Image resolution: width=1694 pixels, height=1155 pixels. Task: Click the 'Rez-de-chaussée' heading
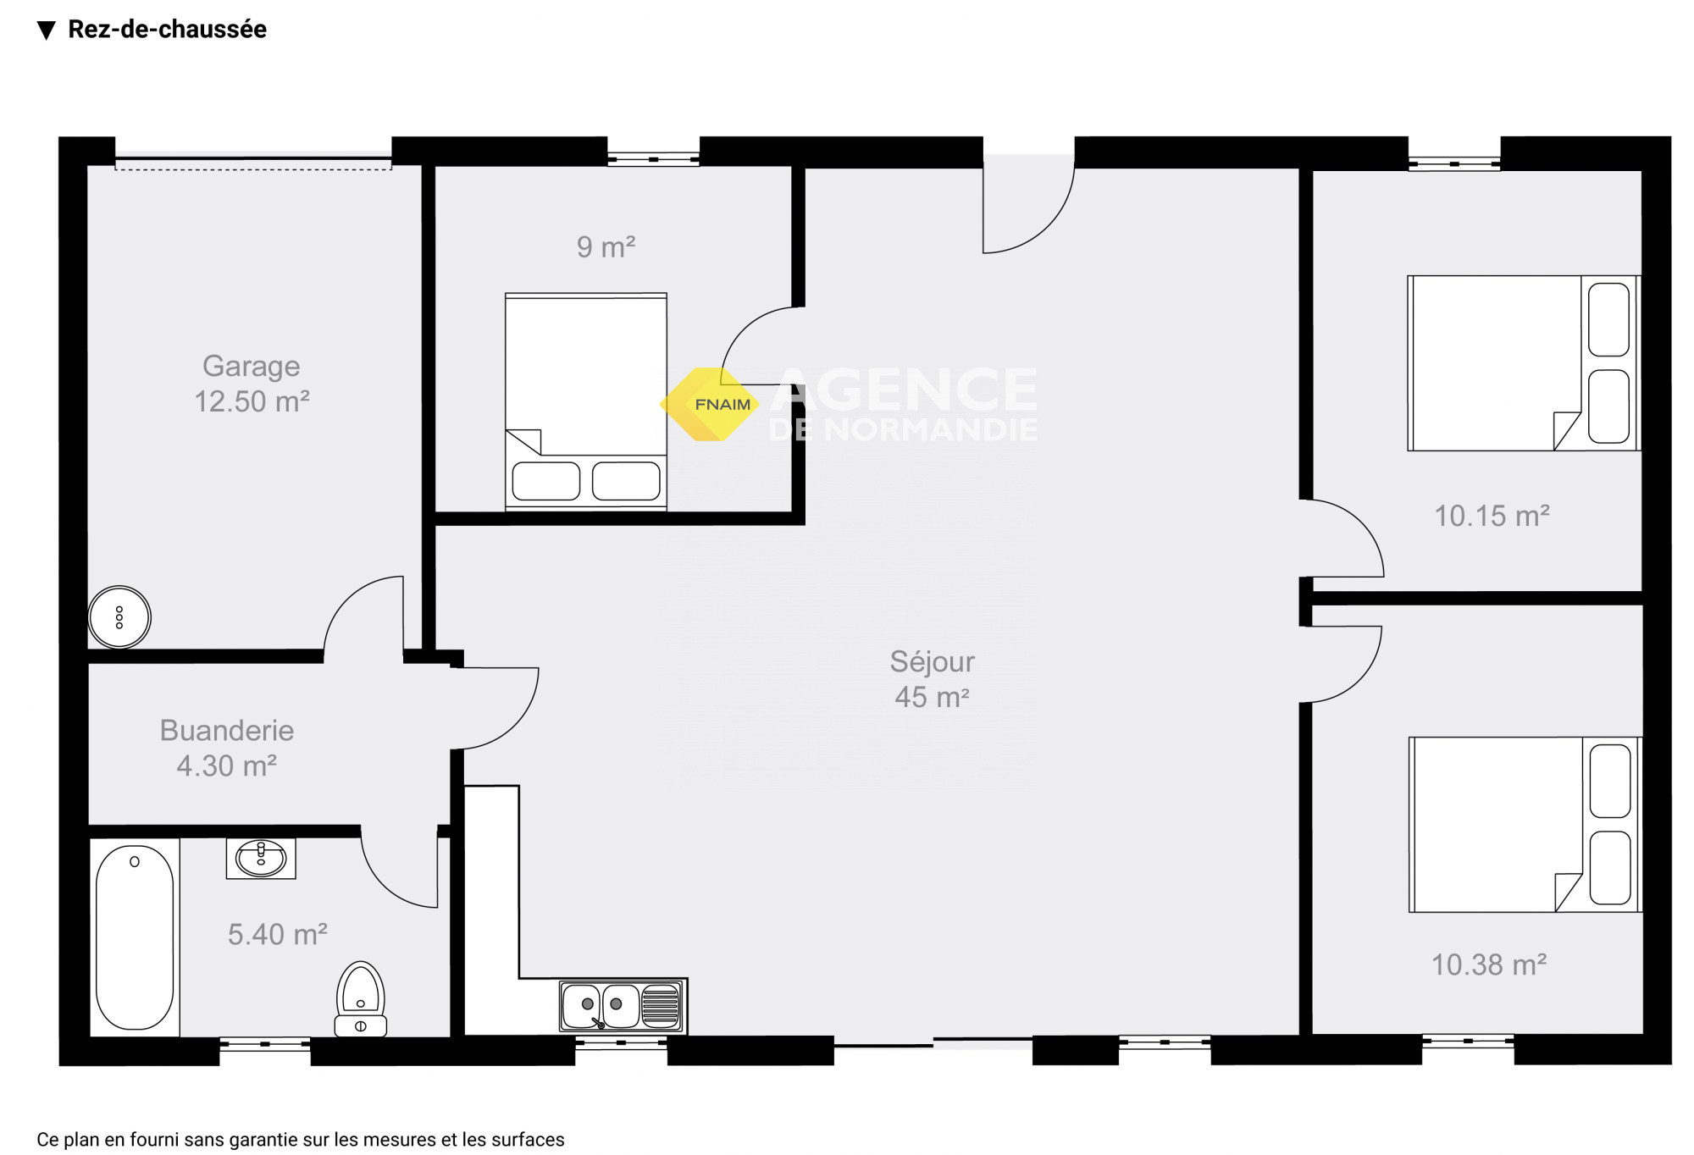[x=167, y=30]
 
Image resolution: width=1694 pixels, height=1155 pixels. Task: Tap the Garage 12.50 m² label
[x=252, y=384]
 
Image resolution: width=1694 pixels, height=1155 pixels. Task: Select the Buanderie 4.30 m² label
[x=227, y=748]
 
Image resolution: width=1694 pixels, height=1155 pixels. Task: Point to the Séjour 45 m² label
[x=932, y=679]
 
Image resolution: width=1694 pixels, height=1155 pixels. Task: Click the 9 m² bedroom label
[x=606, y=246]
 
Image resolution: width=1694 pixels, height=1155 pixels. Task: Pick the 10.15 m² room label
[x=1492, y=516]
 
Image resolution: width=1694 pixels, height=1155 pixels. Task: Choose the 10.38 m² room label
[x=1489, y=964]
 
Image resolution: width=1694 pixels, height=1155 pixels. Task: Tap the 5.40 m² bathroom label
[x=278, y=934]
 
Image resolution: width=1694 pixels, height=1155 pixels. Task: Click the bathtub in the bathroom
[x=135, y=937]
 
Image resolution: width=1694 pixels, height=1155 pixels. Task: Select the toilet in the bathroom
[x=361, y=999]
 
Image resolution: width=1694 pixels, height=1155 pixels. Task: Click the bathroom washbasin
[x=261, y=858]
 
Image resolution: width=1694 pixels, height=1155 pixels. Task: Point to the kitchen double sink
[x=623, y=1006]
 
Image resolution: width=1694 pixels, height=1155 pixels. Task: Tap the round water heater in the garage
[x=119, y=617]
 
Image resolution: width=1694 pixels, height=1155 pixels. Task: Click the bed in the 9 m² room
[x=586, y=401]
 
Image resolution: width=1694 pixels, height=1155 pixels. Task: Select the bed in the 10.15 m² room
[x=1524, y=362]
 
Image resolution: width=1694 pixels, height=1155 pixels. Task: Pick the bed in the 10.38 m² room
[x=1525, y=824]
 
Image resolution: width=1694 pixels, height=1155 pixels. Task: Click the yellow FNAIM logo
[x=710, y=404]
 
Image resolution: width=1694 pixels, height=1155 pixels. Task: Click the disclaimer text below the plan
[x=301, y=1140]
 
